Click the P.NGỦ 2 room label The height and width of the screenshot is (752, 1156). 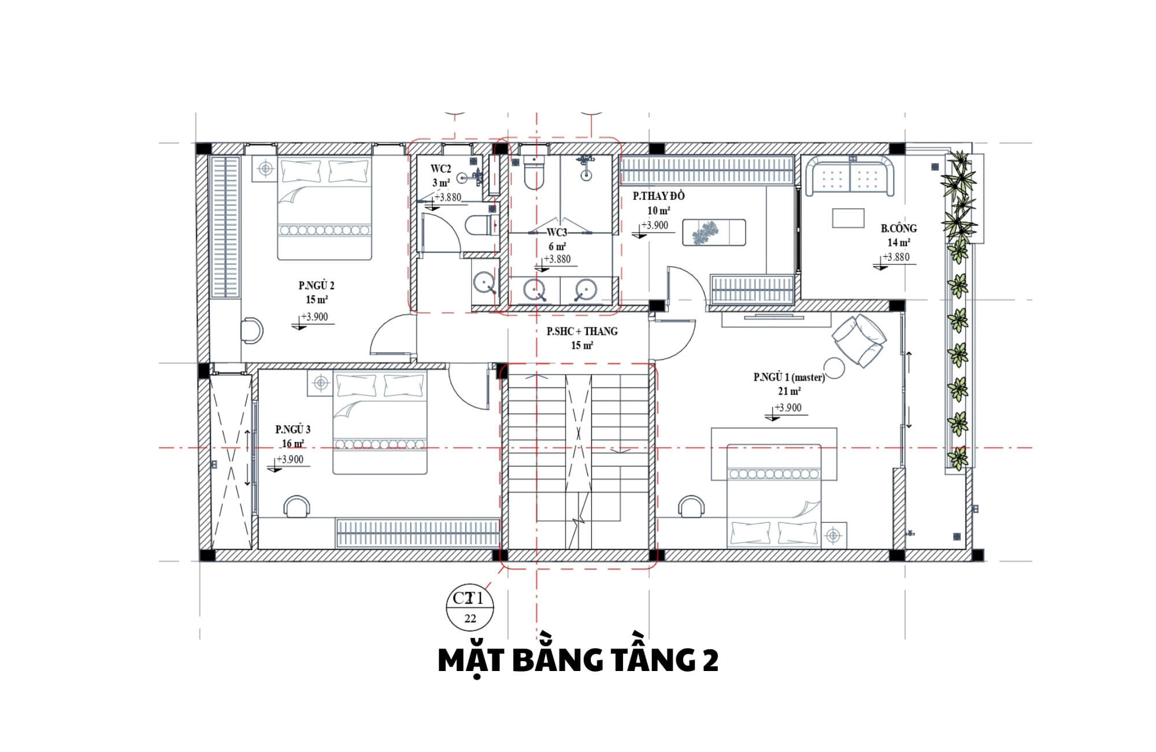coord(316,285)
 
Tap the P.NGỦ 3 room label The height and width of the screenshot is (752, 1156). coord(292,429)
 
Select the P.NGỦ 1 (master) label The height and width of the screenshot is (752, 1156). coord(789,377)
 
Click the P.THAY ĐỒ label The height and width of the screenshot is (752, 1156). coord(658,196)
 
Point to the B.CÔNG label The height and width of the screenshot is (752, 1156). coord(898,228)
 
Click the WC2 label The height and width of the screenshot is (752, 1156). coord(440,169)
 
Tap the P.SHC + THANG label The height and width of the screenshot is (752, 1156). coord(582,331)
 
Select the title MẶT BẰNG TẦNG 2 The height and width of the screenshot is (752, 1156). coord(578,661)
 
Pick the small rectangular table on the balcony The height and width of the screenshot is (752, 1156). coord(848,218)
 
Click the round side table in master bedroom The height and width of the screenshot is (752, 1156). coord(835,368)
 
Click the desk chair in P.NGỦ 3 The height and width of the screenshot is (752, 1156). coord(296,506)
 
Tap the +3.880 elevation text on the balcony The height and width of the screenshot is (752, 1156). coord(896,257)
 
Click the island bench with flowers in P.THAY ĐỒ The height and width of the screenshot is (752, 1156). coord(714,233)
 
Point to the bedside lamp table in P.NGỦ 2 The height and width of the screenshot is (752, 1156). coord(265,169)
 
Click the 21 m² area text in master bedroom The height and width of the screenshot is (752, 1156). coord(789,392)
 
